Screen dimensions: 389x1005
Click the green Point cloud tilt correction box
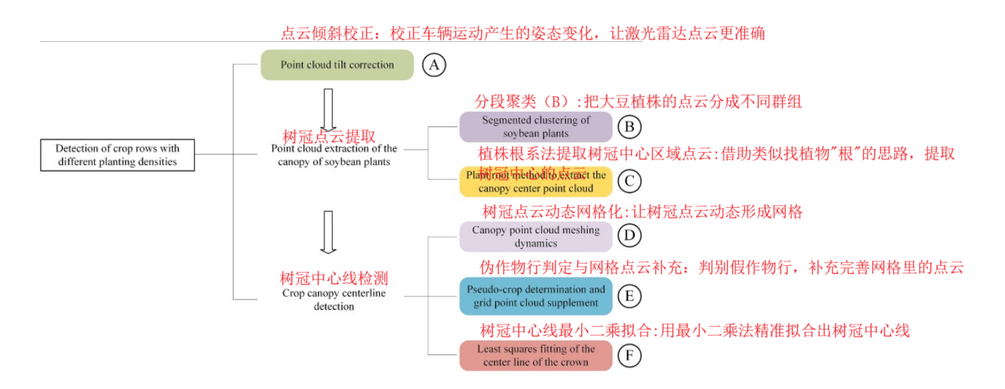337,65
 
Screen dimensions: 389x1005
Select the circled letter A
434,65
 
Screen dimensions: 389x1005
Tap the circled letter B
629,126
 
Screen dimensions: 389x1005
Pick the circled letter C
629,181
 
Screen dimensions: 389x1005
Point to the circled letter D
629,236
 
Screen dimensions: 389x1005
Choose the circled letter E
629,296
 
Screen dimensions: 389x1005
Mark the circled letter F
629,356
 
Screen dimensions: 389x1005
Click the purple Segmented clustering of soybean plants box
536,126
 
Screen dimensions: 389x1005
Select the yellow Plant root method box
536,181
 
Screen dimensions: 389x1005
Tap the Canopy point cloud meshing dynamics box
536,236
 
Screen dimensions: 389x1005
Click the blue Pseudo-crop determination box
536,296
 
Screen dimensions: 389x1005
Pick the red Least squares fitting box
536,355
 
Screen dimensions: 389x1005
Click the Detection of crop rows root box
117,155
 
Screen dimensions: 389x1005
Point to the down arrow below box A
328,109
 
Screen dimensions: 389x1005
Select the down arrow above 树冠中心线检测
328,232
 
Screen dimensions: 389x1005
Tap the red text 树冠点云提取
329,136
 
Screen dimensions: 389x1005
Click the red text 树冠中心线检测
334,278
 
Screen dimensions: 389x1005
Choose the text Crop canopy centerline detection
334,299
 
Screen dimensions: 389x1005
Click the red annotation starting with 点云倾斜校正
522,33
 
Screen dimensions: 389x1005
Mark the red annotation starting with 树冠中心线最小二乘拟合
695,330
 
